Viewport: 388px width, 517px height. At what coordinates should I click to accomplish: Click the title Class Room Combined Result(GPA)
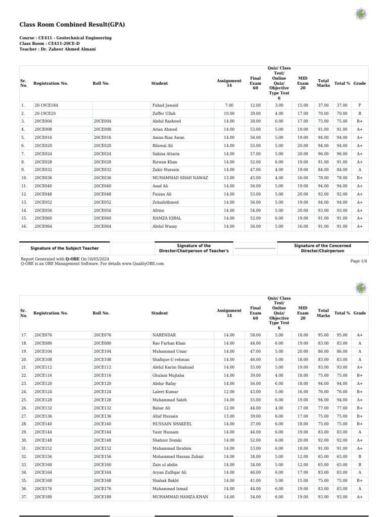click(72, 24)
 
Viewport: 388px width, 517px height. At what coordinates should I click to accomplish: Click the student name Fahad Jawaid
click(165, 105)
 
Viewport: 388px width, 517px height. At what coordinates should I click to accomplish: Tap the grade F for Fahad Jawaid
click(359, 105)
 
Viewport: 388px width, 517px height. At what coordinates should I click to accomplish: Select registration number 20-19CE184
click(46, 105)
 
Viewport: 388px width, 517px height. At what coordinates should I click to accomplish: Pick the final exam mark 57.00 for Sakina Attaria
click(255, 153)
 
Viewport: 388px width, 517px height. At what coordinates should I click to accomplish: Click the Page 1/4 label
click(359, 261)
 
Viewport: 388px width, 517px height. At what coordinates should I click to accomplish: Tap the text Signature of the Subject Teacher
click(65, 248)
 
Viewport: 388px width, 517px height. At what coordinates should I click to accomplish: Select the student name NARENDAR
click(164, 335)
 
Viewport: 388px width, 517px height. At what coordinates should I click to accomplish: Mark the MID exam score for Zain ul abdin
click(303, 464)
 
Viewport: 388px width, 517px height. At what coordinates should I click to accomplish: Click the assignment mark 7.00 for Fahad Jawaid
click(229, 105)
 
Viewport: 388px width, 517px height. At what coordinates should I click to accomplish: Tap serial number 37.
click(24, 497)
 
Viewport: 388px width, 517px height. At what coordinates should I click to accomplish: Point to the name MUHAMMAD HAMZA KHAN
click(180, 497)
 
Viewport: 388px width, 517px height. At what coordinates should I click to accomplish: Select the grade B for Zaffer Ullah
click(359, 113)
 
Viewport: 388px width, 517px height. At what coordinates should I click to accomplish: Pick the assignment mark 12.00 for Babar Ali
click(229, 407)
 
